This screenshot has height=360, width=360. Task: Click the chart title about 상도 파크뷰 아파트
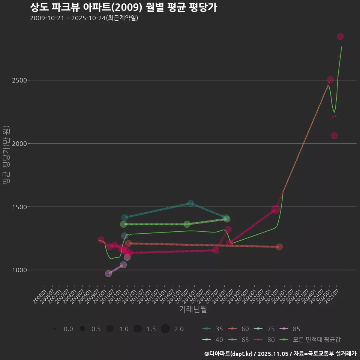pos(123,7)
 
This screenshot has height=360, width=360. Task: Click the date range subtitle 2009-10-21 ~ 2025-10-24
pos(84,18)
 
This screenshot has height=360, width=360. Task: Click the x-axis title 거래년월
pos(193,309)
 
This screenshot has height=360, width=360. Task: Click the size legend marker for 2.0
pos(165,329)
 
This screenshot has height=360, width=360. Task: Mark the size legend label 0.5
pos(96,329)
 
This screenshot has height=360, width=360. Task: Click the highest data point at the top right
pos(340,36)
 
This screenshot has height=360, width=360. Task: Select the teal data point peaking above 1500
pos(190,203)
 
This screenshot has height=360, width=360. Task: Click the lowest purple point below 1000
pos(108,273)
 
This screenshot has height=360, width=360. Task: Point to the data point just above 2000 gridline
pos(334,135)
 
